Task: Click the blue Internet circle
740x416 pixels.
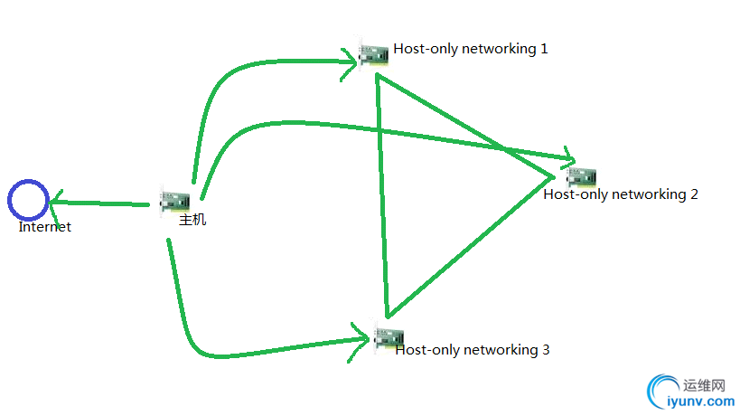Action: coord(28,200)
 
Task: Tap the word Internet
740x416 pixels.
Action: coord(44,227)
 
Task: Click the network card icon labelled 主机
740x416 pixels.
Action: coord(174,201)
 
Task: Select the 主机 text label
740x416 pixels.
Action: coord(192,220)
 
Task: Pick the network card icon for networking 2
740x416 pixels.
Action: coord(581,178)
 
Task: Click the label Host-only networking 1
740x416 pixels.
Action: coord(470,49)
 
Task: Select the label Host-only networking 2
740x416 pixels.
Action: coord(621,194)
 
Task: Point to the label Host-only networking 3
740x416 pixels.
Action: coord(472,350)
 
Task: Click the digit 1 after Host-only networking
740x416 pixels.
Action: coord(544,49)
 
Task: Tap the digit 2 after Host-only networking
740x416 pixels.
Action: coord(694,194)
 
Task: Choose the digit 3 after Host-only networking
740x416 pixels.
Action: coord(545,350)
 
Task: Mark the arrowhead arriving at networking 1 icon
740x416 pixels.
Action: coord(355,62)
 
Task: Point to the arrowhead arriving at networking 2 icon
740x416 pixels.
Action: coord(569,159)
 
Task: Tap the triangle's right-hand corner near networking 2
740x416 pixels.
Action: coord(551,173)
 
